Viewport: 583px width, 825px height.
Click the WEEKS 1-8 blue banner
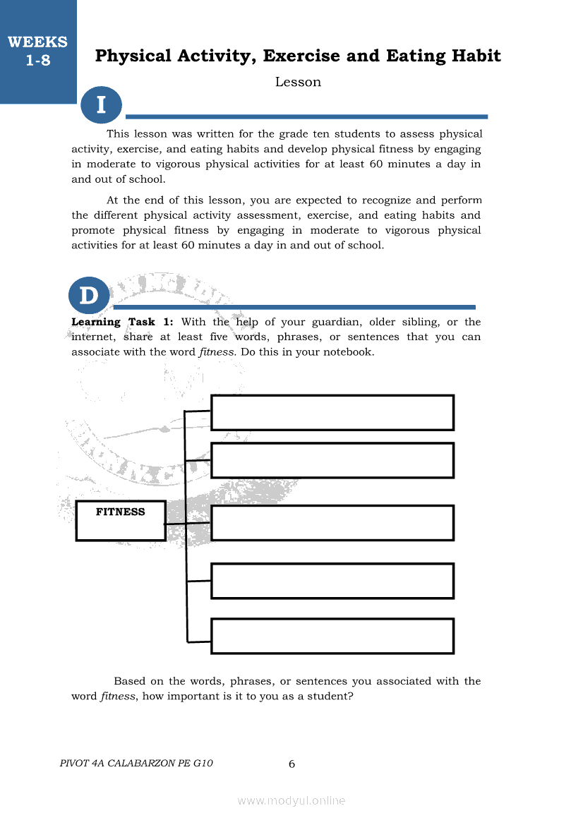[38, 52]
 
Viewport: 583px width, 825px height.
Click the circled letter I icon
[101, 105]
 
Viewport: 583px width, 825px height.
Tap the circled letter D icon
[89, 296]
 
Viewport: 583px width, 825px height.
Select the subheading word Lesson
[298, 82]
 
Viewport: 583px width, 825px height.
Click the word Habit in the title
[473, 56]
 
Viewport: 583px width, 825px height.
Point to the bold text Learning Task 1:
[122, 322]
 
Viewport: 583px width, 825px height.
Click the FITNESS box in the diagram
[121, 520]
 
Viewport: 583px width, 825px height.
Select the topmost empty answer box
[332, 412]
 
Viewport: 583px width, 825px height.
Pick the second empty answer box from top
[332, 460]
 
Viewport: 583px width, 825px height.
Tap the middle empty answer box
[332, 522]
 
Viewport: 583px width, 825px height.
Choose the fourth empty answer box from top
[332, 581]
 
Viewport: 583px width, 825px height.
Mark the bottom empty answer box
[332, 636]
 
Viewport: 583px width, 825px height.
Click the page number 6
[291, 764]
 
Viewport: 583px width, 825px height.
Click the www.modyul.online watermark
[291, 800]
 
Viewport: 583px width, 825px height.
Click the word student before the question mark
[329, 696]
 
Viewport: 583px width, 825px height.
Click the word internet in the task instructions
[93, 337]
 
